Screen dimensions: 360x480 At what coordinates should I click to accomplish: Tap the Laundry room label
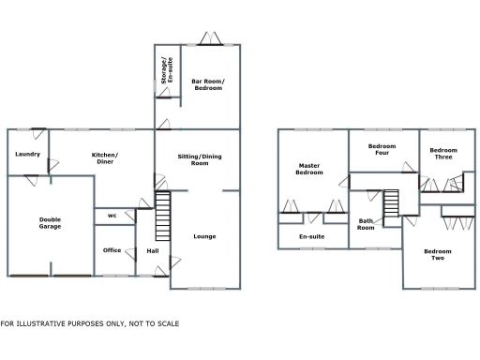[26, 154]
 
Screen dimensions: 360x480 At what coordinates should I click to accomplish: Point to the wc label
[112, 216]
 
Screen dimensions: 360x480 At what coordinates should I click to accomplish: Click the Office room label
[112, 250]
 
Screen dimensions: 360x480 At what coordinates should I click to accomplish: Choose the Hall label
[153, 250]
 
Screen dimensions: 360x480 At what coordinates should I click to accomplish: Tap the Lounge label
[204, 236]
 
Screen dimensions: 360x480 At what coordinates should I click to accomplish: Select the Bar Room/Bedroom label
[209, 85]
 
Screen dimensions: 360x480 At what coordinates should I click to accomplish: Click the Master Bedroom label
[309, 170]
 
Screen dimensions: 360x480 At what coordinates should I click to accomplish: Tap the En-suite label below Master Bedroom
[311, 237]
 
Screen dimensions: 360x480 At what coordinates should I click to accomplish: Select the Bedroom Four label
[382, 149]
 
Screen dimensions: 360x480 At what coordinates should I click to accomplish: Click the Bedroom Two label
[437, 254]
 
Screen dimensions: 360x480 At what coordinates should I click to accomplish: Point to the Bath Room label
[366, 225]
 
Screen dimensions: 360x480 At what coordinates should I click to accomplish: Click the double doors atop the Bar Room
[207, 40]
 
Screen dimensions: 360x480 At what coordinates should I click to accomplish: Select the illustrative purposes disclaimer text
[89, 323]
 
